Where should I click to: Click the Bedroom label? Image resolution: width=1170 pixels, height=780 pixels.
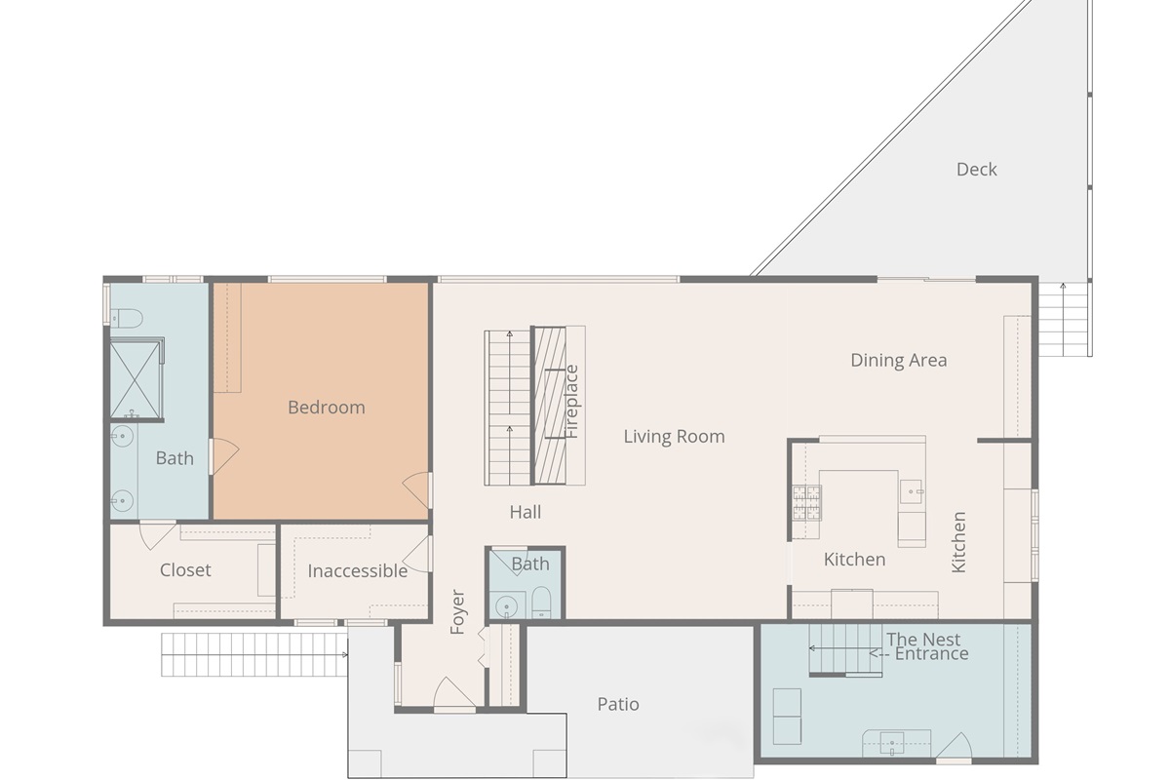327,408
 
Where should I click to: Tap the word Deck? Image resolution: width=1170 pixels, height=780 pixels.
976,170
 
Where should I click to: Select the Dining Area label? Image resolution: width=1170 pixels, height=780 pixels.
898,360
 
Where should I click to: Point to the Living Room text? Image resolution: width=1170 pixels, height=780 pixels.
674,437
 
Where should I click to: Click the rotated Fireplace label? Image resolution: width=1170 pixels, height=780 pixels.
572,401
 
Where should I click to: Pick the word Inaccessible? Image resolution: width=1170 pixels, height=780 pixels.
358,571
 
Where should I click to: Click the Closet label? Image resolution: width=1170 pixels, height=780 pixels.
185,570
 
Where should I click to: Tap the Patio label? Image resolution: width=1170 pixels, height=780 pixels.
618,704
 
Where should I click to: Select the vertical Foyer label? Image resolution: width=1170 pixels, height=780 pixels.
458,612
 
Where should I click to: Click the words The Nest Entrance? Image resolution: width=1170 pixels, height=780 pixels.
926,647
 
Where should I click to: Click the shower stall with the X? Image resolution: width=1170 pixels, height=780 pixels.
136,377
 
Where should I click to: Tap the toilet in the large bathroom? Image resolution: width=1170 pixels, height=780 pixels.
127,318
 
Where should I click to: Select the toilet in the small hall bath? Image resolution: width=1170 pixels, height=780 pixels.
542,604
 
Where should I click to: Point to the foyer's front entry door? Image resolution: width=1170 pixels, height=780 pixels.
454,694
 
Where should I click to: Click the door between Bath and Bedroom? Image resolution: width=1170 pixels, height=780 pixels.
222,456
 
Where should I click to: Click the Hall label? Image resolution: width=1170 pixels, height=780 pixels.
525,512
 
